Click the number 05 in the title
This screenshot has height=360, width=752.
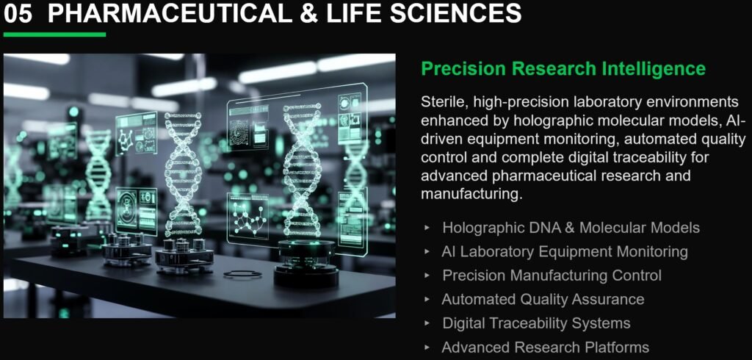pyautogui.click(x=18, y=13)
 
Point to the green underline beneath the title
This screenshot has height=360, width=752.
pyautogui.click(x=54, y=35)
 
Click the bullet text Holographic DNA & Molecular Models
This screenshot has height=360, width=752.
pyautogui.click(x=571, y=227)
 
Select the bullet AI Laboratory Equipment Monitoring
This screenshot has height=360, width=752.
pyautogui.click(x=565, y=251)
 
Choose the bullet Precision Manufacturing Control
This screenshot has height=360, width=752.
pyautogui.click(x=552, y=276)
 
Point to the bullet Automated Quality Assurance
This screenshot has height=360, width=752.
pyautogui.click(x=543, y=299)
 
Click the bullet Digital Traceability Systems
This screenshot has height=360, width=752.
pyautogui.click(x=536, y=323)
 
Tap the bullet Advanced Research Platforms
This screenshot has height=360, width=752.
pyautogui.click(x=546, y=347)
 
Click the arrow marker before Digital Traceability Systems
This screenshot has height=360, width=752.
pyautogui.click(x=427, y=323)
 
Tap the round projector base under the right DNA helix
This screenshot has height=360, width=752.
pyautogui.click(x=306, y=264)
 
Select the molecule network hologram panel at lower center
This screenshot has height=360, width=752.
pyautogui.click(x=247, y=216)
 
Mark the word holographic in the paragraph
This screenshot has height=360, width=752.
pyautogui.click(x=554, y=120)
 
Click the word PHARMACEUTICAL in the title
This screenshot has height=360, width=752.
pyautogui.click(x=170, y=13)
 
